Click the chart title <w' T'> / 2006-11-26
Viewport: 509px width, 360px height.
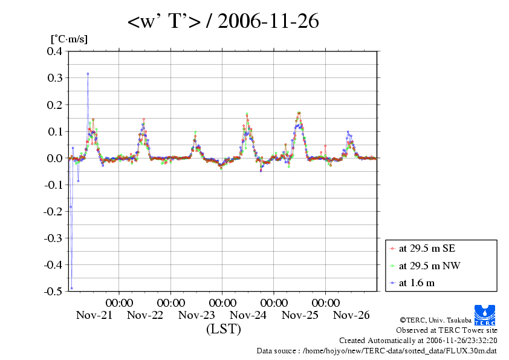(x=222, y=22)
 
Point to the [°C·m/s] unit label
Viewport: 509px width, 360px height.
(x=68, y=39)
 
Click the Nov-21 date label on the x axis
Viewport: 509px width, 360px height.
(x=94, y=315)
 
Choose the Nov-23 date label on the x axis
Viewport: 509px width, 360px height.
(x=196, y=315)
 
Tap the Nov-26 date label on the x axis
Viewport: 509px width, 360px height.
(x=351, y=315)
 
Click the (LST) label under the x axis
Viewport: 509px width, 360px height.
(x=223, y=330)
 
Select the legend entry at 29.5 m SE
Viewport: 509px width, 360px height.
(x=423, y=249)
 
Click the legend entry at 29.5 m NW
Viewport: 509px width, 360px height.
(x=424, y=266)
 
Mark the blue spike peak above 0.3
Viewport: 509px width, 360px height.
(x=88, y=74)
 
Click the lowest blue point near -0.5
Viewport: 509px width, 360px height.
(x=71, y=288)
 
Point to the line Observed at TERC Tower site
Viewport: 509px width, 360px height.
(x=447, y=330)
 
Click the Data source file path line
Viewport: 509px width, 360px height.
(x=377, y=350)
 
